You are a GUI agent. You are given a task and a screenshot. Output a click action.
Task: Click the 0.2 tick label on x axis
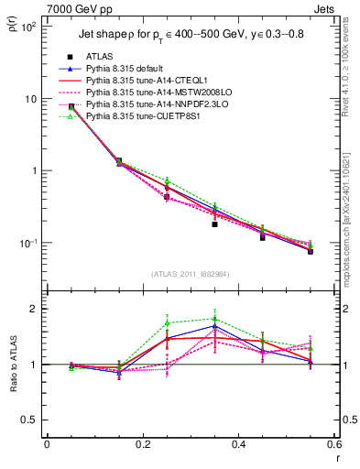142,446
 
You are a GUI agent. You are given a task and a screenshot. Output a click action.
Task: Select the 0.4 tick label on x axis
238,446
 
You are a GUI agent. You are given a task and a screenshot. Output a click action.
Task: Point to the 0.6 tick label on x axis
333,446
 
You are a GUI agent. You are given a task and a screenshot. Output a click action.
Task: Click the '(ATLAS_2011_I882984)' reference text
191,274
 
